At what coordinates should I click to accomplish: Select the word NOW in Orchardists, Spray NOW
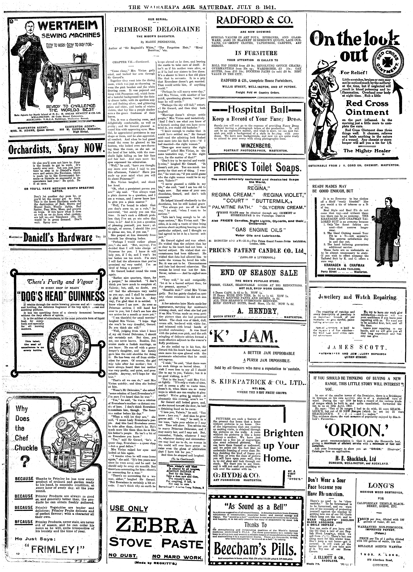point(94,149)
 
